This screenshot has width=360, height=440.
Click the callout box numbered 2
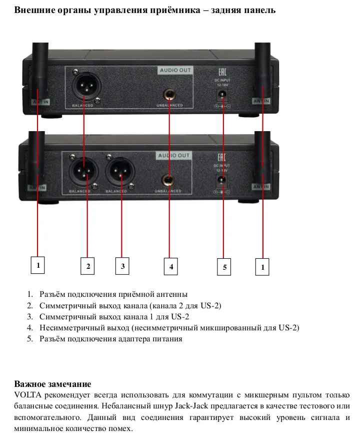point(87,267)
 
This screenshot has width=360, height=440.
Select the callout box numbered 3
point(122,266)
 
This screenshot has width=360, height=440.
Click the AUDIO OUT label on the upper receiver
point(175,70)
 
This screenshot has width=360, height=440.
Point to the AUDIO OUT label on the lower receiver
point(174,156)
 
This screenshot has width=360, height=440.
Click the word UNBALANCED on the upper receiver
point(168,106)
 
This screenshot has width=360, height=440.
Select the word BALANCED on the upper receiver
point(83,106)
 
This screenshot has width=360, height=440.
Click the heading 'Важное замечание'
point(52,384)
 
